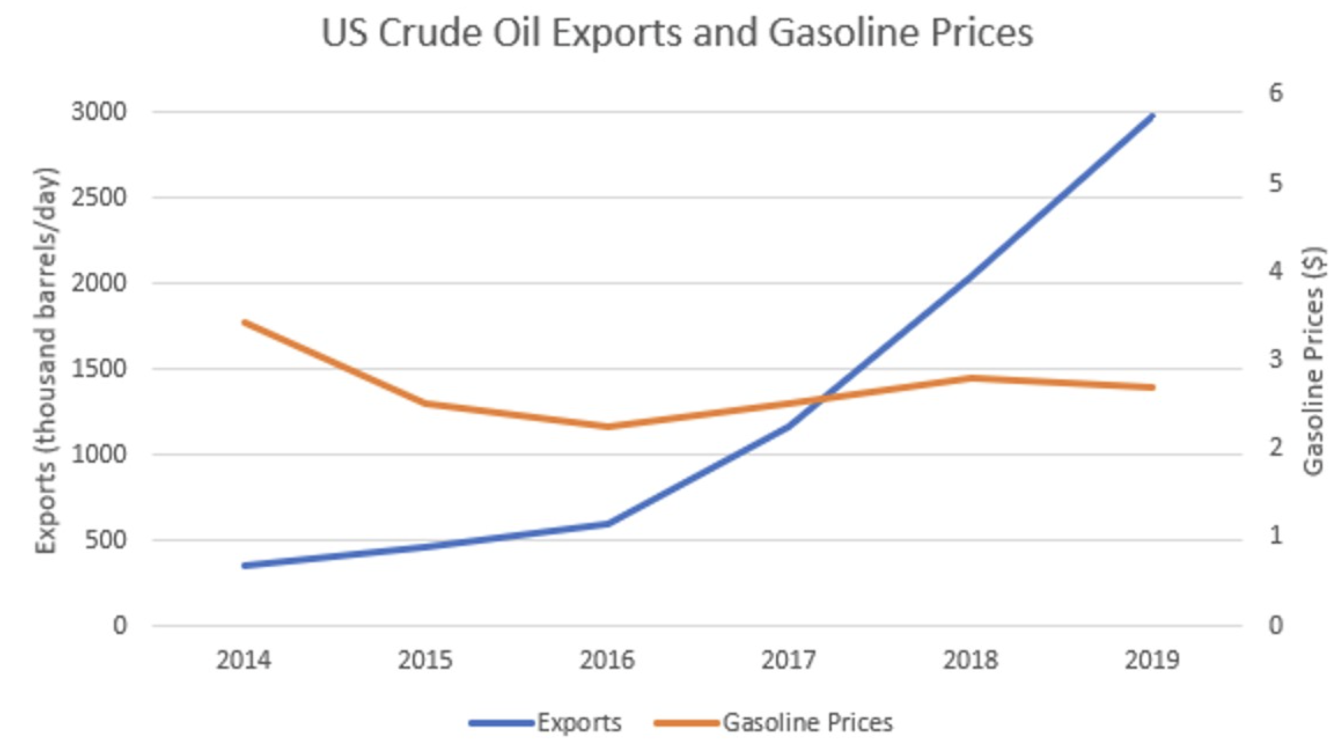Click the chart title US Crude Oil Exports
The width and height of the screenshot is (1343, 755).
[677, 32]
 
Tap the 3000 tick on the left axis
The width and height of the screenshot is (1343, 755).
[99, 112]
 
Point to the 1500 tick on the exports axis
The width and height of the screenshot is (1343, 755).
[99, 369]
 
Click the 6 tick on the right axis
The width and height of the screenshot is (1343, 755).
[1276, 93]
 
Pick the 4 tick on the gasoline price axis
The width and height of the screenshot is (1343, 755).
[1276, 271]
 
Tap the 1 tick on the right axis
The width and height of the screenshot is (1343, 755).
[1276, 535]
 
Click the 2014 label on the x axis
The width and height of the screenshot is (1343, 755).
[243, 660]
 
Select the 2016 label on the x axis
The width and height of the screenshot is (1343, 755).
[607, 660]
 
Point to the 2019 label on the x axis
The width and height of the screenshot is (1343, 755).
[1152, 660]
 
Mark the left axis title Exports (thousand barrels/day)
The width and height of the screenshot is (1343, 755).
[46, 361]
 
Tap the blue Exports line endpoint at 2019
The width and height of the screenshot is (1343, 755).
[1152, 116]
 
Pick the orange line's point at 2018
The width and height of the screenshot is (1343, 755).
[971, 377]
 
